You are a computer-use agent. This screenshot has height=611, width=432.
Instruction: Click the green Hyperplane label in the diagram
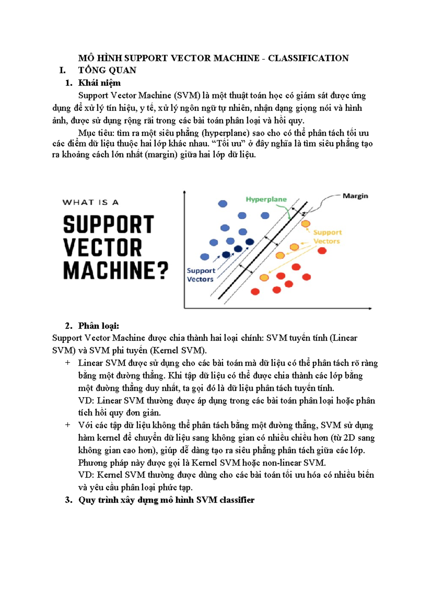point(266,199)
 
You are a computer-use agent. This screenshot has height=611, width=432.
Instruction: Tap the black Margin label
point(355,196)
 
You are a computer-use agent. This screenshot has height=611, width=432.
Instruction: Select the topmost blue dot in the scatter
point(223,204)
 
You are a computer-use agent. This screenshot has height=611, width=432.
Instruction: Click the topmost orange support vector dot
point(306,224)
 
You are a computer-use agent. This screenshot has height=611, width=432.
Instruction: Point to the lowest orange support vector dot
point(264,278)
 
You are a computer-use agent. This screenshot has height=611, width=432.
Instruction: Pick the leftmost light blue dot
point(204,257)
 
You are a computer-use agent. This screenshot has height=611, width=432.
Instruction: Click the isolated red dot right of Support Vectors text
point(322,251)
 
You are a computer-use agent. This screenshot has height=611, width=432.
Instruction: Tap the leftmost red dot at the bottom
point(255,292)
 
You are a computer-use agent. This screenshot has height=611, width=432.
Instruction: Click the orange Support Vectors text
point(327,237)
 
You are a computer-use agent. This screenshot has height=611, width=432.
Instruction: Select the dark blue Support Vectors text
point(201,275)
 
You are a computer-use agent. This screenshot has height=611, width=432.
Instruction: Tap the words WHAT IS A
point(90,202)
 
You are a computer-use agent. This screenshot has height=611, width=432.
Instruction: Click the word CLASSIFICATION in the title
point(308,58)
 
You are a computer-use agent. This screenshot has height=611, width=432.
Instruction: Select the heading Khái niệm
point(99,83)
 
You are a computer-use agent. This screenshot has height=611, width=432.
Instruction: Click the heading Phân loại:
point(99,326)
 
